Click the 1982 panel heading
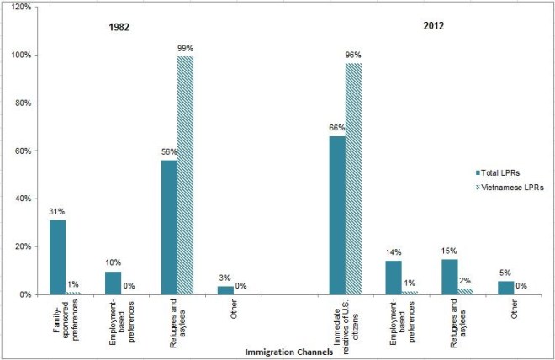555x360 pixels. click(x=117, y=27)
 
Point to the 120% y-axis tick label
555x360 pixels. click(x=18, y=8)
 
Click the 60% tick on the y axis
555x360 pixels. click(x=19, y=151)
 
